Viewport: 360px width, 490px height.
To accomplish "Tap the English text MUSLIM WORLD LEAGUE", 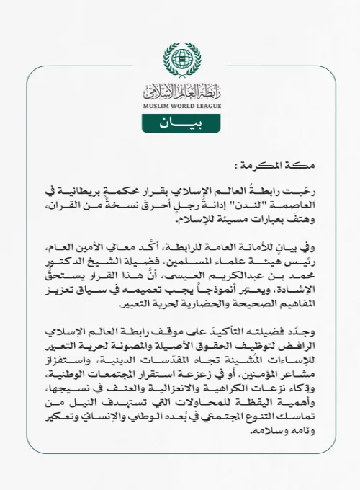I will point(179,106).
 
